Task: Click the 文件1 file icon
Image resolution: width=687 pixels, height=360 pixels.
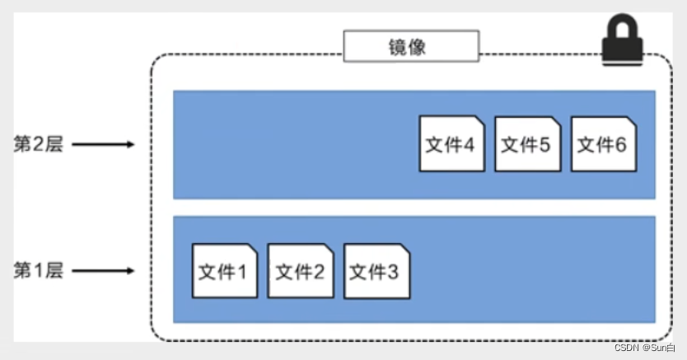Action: click(225, 270)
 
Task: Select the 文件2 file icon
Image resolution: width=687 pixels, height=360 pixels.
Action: click(301, 270)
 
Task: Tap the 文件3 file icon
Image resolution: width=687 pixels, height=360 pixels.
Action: click(376, 270)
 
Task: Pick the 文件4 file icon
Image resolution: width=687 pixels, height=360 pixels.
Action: click(452, 143)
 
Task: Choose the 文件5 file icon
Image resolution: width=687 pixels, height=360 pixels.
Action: click(528, 143)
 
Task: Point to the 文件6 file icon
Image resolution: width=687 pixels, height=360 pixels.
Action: click(604, 143)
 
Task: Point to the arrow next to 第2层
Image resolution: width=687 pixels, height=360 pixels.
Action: click(102, 145)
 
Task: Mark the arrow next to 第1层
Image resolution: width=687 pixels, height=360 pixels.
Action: click(102, 271)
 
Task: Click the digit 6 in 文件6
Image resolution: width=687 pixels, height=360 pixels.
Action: click(620, 145)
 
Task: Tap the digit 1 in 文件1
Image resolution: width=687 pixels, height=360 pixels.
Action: click(241, 272)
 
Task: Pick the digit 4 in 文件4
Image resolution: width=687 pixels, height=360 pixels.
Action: click(468, 145)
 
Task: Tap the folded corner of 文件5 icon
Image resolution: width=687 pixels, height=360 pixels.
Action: click(555, 123)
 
